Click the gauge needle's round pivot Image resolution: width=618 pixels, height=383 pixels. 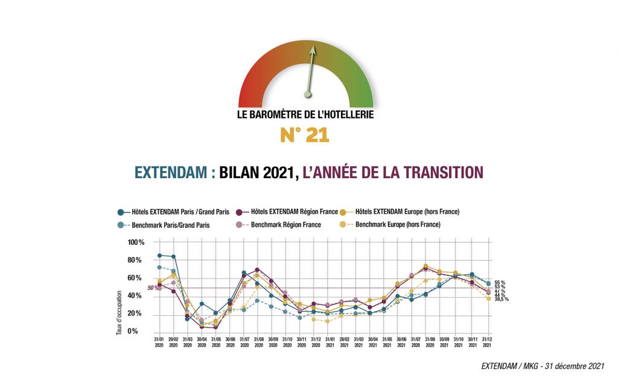(308, 94)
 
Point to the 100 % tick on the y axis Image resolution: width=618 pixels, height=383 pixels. (136, 242)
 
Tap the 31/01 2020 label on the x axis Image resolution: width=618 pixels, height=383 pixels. (159, 342)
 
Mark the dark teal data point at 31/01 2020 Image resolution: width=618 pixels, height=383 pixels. (159, 256)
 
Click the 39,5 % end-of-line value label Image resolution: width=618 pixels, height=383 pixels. (502, 299)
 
